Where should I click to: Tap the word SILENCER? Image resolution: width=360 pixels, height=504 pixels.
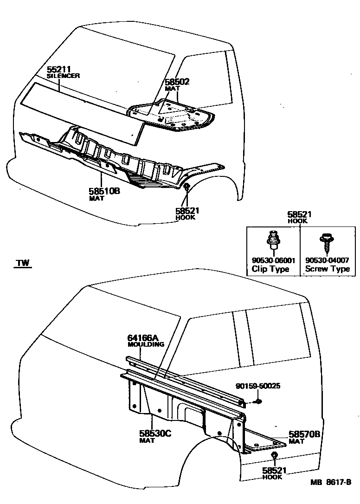(64, 76)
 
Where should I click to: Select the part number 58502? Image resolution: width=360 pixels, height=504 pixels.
(177, 82)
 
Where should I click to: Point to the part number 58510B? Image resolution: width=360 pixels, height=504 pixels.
(104, 191)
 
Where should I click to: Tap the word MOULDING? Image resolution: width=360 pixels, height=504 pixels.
(146, 344)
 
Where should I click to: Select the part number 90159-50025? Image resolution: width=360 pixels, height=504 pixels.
(257, 386)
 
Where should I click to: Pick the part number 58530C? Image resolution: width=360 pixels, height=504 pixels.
(155, 433)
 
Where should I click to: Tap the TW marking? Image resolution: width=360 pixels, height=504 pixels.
(22, 263)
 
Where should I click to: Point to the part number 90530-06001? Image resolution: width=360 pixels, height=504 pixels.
(273, 260)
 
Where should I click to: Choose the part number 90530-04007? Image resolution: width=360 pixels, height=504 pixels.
(327, 260)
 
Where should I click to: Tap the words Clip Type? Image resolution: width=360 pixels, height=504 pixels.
(270, 269)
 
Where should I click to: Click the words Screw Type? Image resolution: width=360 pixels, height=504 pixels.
(327, 269)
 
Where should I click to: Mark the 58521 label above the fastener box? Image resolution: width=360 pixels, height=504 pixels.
(299, 214)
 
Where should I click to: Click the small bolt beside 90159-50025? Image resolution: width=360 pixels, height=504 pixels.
(259, 401)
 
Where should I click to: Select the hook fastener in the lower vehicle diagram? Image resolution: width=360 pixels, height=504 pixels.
(274, 455)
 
